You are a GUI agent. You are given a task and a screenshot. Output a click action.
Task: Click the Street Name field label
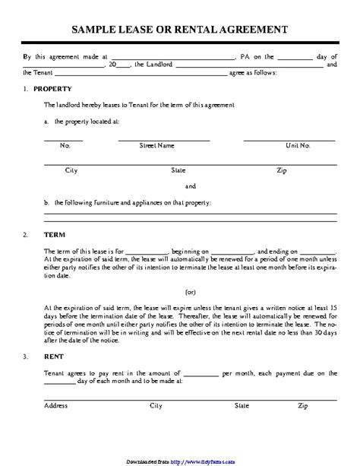tap(157, 144)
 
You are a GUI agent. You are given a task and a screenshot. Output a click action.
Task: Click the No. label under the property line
tap(65, 144)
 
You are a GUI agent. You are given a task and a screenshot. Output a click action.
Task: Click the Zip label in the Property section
tap(282, 170)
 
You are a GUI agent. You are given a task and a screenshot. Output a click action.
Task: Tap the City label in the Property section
tap(72, 170)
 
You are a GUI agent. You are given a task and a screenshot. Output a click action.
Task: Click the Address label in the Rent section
tap(56, 407)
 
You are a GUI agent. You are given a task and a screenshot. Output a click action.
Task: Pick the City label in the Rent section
tap(156, 407)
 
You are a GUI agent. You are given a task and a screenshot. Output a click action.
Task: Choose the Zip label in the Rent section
tap(303, 407)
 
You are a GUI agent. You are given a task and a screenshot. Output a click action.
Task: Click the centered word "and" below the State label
tap(191, 185)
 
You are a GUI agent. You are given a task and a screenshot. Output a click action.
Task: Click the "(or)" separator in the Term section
tap(191, 292)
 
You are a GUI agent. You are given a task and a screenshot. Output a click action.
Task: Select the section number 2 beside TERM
tap(27, 233)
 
